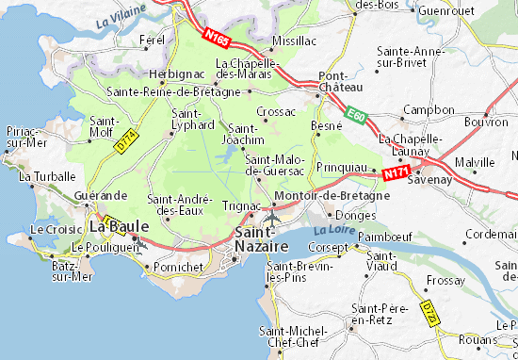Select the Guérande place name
point(100,194)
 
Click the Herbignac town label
point(170,73)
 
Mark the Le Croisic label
point(50,229)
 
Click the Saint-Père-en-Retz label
point(378,314)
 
